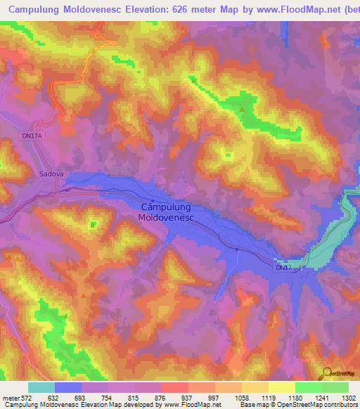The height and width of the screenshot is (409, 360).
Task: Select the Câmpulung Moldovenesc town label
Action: point(167,213)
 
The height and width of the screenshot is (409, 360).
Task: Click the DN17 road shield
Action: point(283,268)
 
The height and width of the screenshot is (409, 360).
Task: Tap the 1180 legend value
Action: point(296,398)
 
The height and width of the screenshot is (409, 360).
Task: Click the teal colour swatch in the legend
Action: point(41,387)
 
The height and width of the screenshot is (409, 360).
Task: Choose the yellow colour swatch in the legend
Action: point(281,387)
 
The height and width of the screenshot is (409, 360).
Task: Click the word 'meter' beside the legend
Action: point(10,398)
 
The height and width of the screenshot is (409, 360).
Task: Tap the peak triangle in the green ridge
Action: point(243,110)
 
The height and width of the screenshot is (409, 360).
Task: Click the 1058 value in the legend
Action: point(243,398)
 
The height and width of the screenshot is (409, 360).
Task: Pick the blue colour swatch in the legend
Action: point(68,387)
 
